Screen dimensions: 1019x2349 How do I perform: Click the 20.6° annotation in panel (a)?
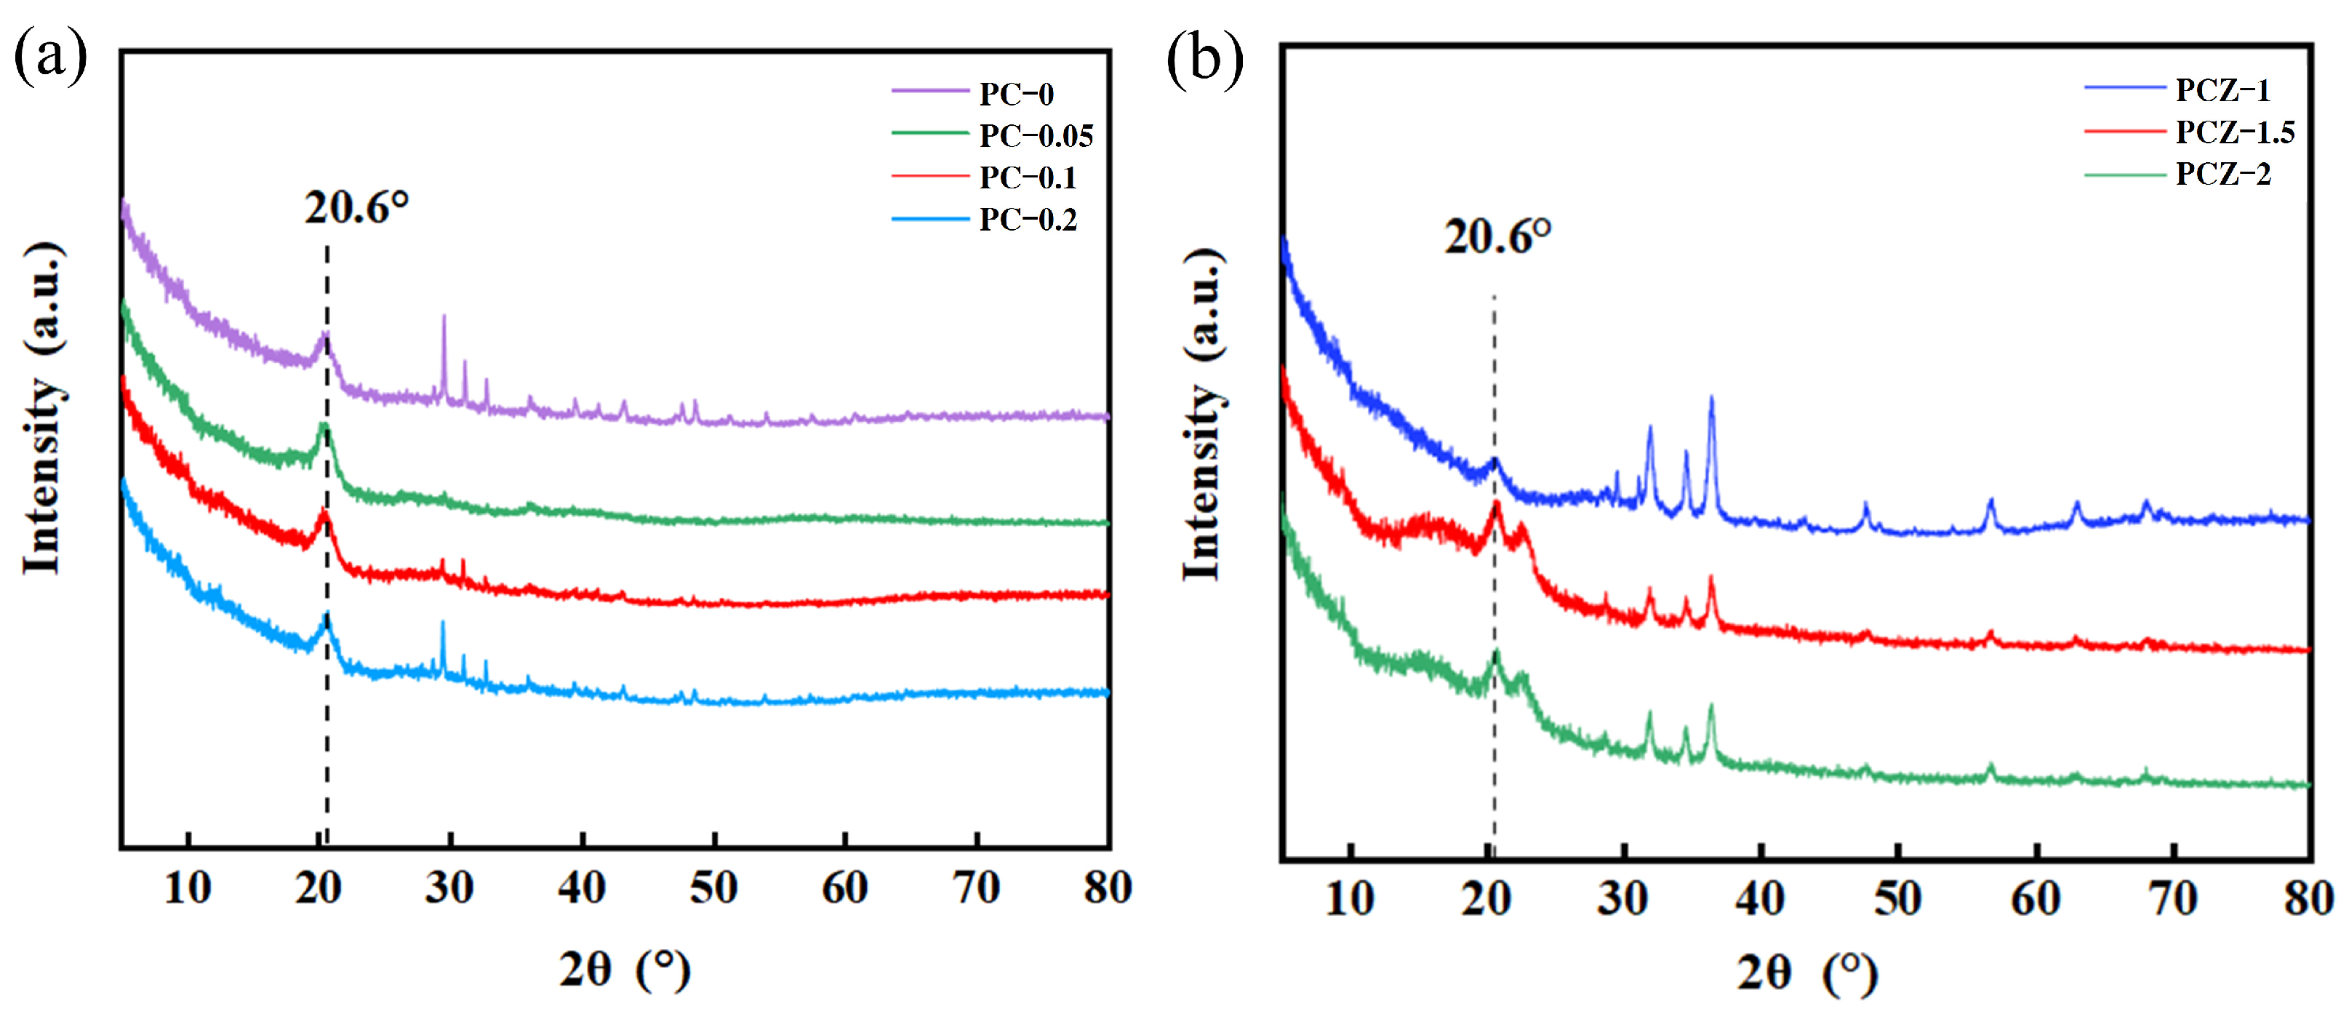click(x=356, y=208)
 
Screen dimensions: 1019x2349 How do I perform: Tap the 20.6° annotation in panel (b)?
click(x=1497, y=237)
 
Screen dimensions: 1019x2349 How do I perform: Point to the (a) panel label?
click(x=50, y=57)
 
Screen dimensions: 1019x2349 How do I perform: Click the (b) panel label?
click(x=1204, y=60)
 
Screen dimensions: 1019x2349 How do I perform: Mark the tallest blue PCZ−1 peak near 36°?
click(x=1710, y=399)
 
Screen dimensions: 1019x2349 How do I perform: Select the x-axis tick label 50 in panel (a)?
click(x=713, y=887)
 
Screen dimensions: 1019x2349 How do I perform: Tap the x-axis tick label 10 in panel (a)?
click(x=188, y=887)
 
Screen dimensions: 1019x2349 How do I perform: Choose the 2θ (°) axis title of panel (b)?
click(x=1806, y=972)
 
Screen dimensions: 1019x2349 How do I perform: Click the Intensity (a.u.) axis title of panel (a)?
click(x=44, y=409)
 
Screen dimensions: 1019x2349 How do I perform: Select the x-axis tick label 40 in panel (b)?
click(x=1760, y=898)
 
